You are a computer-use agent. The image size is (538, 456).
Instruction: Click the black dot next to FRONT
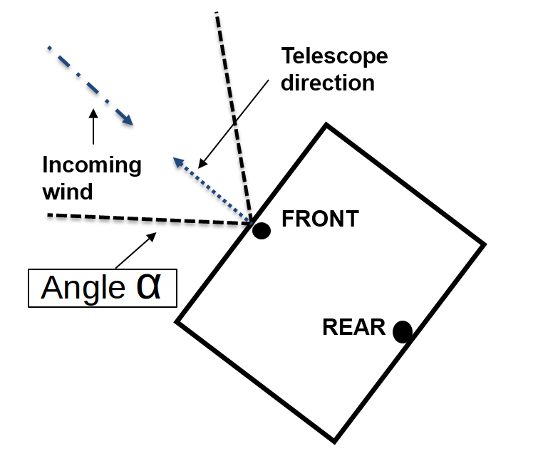click(x=262, y=231)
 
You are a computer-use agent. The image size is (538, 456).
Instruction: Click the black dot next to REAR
click(x=403, y=331)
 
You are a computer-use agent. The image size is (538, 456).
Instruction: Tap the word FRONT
click(x=320, y=219)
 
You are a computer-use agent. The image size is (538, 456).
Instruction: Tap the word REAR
click(x=353, y=328)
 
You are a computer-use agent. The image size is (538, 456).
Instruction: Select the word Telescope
click(x=334, y=56)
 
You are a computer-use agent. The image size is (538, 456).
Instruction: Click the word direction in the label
click(x=328, y=83)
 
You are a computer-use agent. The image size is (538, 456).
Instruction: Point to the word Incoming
click(x=92, y=165)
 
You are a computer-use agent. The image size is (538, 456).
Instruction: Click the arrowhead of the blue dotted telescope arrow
click(x=178, y=163)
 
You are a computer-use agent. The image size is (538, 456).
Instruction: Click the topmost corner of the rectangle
click(x=326, y=126)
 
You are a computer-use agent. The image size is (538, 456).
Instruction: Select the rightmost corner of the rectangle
click(x=485, y=244)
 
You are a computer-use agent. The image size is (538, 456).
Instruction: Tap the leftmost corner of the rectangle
click(x=177, y=322)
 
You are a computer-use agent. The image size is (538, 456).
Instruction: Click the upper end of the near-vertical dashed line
click(x=217, y=14)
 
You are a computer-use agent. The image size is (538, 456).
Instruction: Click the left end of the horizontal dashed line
click(x=48, y=214)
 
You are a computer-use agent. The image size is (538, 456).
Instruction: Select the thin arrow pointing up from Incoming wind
click(x=93, y=128)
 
